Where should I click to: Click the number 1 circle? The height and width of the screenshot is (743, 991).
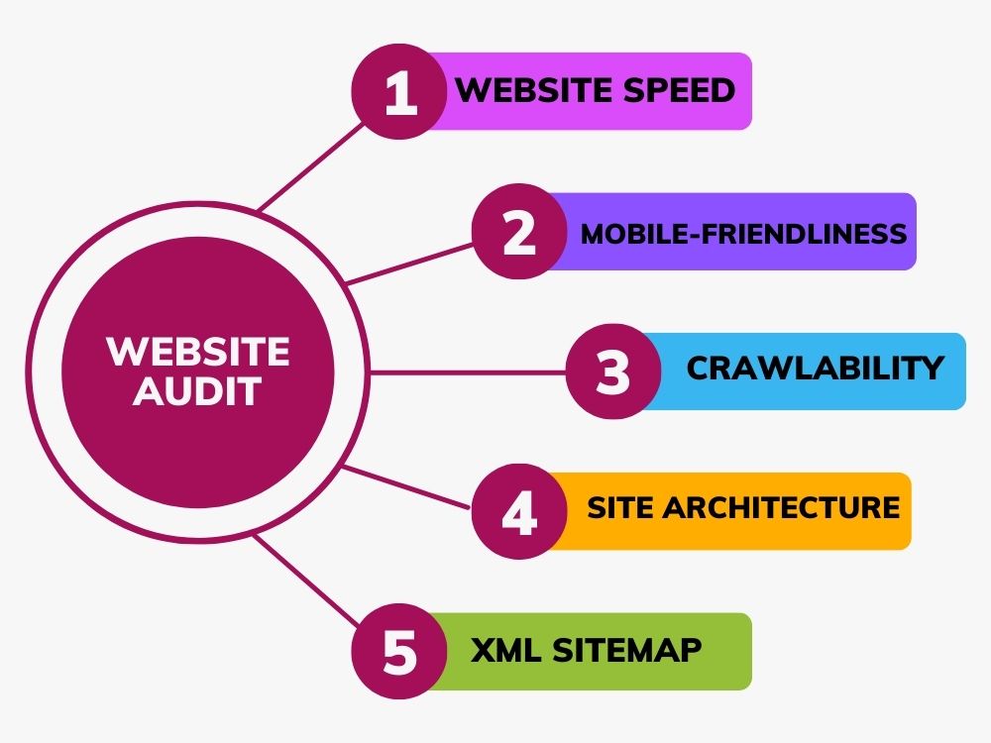(399, 91)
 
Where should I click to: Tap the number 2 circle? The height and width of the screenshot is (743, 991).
(519, 232)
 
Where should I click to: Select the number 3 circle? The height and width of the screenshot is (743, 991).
(613, 371)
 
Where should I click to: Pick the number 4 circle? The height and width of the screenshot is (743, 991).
(519, 511)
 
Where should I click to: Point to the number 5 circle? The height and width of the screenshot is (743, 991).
(399, 652)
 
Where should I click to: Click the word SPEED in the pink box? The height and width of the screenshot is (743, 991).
(679, 90)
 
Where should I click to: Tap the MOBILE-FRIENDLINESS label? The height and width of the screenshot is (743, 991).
(744, 234)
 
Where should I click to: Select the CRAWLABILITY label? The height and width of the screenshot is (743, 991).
(816, 368)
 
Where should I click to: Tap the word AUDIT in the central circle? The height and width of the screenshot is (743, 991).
(197, 391)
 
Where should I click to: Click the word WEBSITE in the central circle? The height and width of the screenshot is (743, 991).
(198, 351)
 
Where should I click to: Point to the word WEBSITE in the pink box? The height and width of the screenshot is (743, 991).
(535, 90)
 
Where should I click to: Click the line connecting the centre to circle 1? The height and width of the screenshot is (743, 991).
(311, 166)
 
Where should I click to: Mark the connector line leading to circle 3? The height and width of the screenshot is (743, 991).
(468, 372)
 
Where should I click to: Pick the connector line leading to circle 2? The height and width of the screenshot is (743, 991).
(409, 265)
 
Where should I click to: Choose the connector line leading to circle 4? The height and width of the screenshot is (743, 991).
(406, 486)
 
